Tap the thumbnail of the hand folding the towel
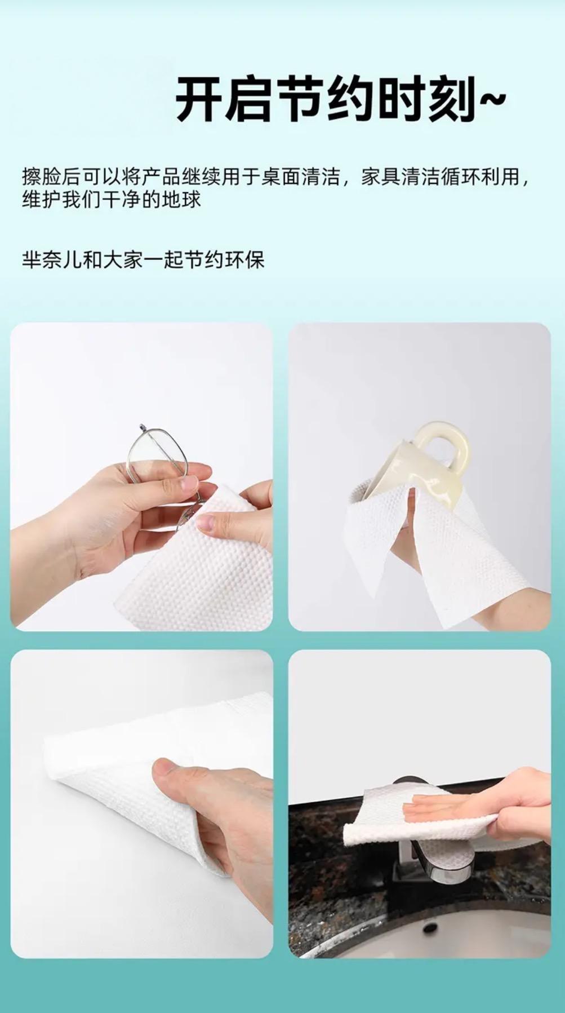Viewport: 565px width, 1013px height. point(142,804)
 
